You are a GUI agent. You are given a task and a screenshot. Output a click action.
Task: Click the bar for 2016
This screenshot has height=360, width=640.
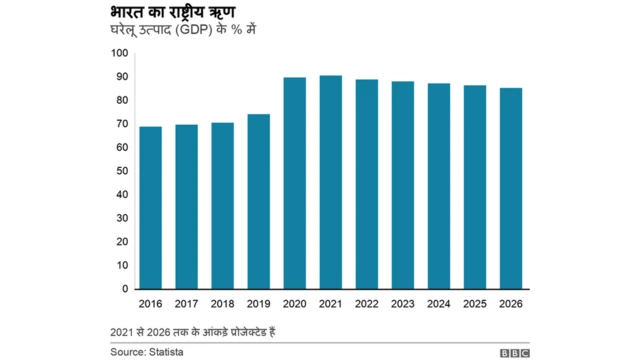tap(150, 208)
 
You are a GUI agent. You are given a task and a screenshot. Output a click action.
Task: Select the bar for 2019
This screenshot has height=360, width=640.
tap(258, 202)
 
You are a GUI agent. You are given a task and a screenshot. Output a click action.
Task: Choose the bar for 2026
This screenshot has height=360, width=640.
tap(510, 189)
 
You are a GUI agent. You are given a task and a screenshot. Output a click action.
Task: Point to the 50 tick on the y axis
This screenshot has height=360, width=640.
tap(122, 171)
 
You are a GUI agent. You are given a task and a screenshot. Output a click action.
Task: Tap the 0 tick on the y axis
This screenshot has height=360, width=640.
tap(125, 289)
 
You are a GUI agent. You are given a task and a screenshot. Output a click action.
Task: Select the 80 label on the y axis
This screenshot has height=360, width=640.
tap(122, 100)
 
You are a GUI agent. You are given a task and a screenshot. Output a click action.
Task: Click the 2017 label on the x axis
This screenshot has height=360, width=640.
tap(186, 303)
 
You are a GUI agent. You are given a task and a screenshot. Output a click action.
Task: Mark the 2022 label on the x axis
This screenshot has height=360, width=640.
tap(366, 303)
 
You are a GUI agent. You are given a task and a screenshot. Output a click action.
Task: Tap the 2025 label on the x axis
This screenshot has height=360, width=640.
tap(474, 303)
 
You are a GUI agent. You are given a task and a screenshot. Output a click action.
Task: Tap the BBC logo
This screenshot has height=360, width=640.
tap(517, 352)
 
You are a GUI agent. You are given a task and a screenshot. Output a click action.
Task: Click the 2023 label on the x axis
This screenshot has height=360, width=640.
tap(402, 303)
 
